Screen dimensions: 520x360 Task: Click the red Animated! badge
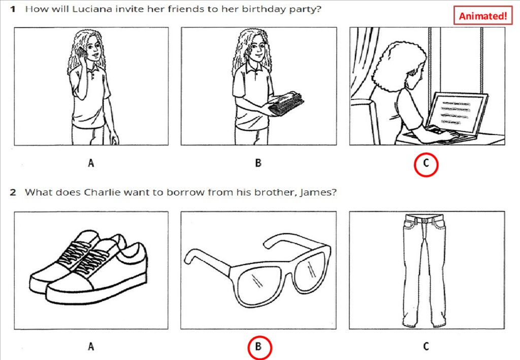click(482, 16)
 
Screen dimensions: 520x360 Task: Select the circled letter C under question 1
click(426, 164)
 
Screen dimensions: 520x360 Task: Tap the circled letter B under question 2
click(259, 347)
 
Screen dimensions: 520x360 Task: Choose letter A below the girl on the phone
click(91, 163)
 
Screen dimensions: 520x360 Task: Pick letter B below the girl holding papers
click(258, 163)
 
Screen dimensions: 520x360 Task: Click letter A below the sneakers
click(91, 346)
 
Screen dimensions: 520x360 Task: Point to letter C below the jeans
click(426, 346)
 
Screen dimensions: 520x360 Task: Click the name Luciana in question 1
click(92, 9)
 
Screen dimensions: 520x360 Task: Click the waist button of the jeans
click(425, 220)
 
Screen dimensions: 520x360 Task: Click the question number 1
click(13, 9)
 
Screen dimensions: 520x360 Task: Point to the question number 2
click(13, 192)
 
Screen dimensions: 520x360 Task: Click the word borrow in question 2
click(185, 192)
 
